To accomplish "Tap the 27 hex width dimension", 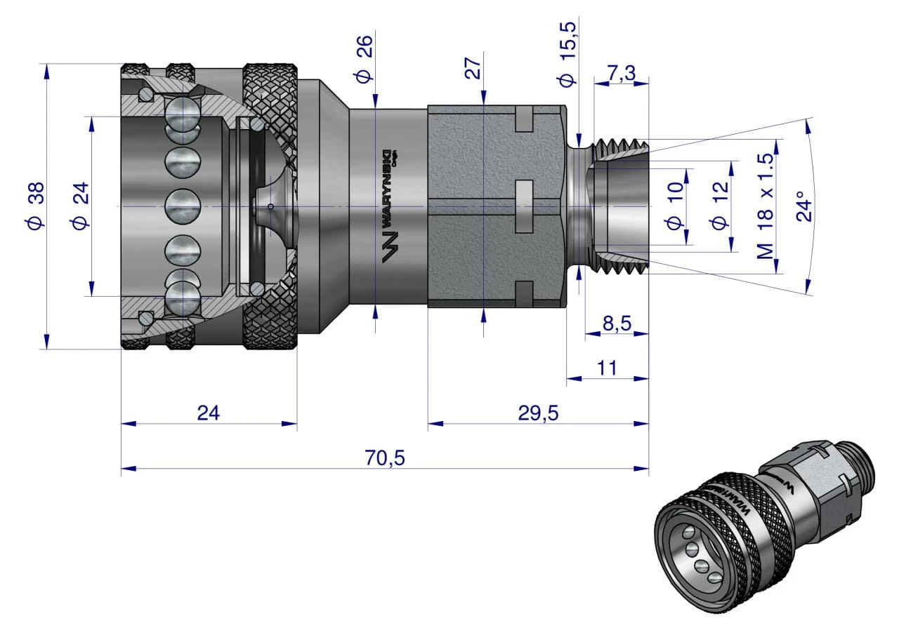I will click(x=473, y=68).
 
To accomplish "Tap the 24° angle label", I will click(x=806, y=206).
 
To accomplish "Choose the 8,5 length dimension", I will click(x=617, y=324).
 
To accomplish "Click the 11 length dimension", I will click(x=608, y=368).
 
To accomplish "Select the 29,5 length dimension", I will click(x=538, y=413).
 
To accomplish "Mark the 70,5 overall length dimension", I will click(x=385, y=457).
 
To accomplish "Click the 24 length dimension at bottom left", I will click(x=208, y=413).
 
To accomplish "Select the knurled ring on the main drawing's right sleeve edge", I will click(x=270, y=207).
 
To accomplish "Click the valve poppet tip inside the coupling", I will click(x=271, y=206).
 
